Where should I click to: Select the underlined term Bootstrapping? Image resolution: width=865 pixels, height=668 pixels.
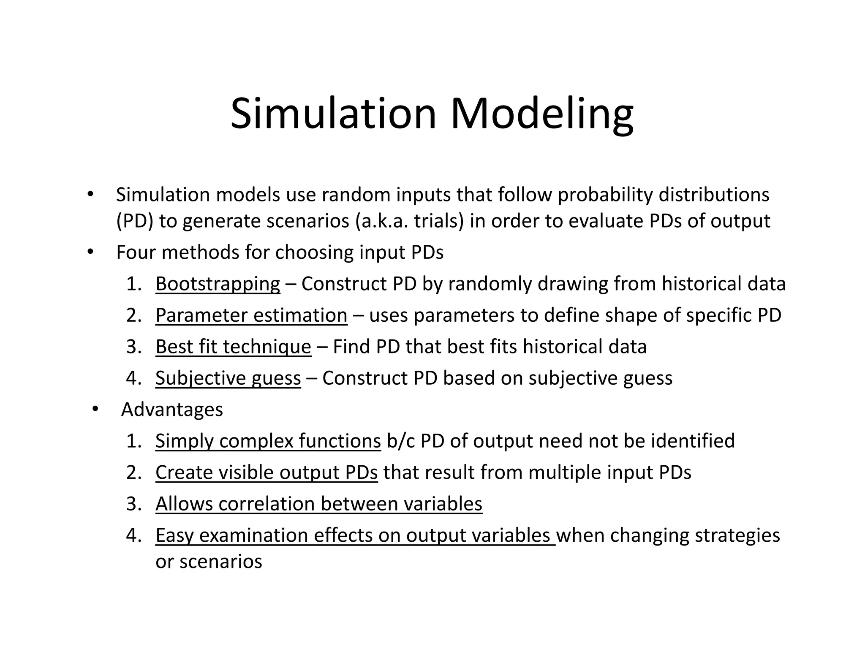click(x=218, y=284)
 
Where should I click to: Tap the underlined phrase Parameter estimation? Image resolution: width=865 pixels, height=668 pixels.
click(x=251, y=315)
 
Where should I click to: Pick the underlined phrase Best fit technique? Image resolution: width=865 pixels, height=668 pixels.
click(x=233, y=347)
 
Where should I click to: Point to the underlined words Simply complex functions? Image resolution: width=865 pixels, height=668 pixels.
click(x=268, y=441)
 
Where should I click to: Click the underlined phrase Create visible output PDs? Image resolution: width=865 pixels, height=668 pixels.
click(x=267, y=472)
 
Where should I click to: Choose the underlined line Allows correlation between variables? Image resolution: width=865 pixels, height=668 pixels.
click(x=318, y=504)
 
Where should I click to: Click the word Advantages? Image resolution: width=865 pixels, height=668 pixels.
click(x=172, y=410)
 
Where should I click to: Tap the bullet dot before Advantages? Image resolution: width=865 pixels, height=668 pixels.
click(x=95, y=409)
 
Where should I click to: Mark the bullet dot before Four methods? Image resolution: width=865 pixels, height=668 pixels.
click(x=90, y=252)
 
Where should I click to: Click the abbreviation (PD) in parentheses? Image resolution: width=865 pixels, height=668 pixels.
click(x=135, y=221)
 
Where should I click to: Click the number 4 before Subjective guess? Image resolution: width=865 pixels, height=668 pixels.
click(x=133, y=378)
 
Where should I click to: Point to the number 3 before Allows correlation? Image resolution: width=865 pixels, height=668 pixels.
click(x=133, y=504)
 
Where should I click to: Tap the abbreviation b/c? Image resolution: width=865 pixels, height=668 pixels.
click(x=401, y=441)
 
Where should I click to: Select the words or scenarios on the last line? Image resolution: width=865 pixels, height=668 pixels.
click(x=209, y=562)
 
